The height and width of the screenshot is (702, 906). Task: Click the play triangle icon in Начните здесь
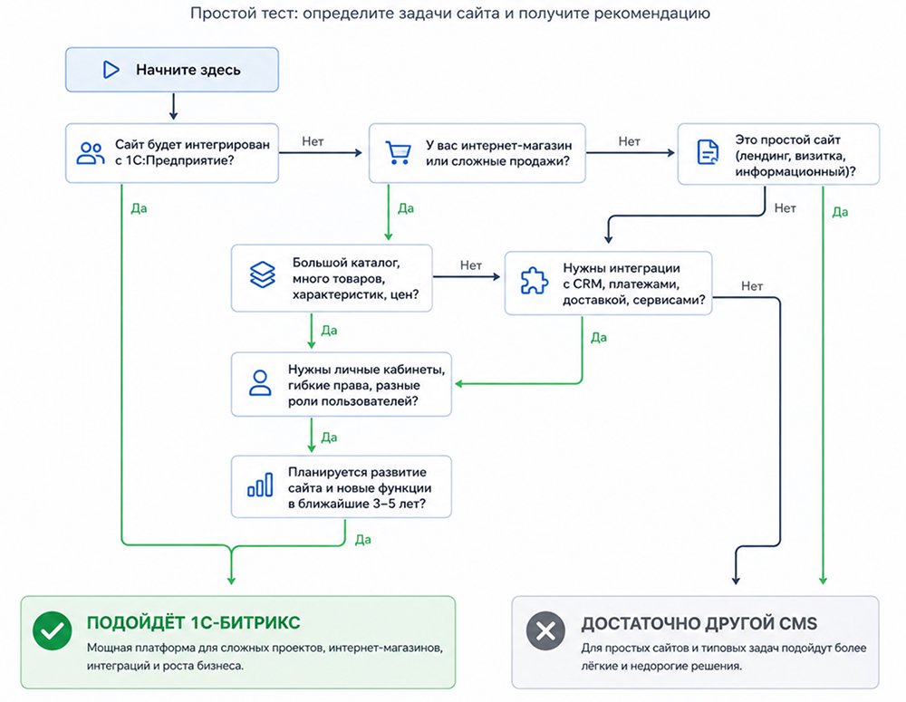coord(111,70)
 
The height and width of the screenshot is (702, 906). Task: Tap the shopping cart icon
coord(398,153)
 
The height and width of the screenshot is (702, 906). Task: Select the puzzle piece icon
coord(534,281)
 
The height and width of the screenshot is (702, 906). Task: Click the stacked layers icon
coord(263,274)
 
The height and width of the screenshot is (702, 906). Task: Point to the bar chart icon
coord(260,485)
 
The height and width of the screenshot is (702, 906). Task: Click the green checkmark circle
coord(53,630)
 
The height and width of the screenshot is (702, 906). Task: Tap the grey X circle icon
coord(545,630)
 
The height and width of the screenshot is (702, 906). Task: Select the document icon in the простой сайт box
coord(708,152)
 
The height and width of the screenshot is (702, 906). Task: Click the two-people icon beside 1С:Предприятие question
coord(90,153)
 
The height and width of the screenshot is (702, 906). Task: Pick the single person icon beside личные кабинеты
coord(260,382)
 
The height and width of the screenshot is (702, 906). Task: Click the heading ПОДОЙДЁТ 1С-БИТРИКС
coord(194,623)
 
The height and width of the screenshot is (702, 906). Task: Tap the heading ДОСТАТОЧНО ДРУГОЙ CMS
coord(699,623)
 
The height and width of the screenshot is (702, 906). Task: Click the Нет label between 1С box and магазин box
coord(313,141)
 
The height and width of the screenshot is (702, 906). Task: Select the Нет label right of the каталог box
coord(471,265)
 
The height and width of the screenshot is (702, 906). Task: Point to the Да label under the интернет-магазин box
coord(406,208)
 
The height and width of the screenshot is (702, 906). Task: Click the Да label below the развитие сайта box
coord(363,540)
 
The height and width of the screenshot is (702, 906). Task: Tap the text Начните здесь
coord(188,70)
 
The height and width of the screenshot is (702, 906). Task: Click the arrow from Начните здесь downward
coord(173,106)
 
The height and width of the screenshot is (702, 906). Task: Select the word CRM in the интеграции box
coord(586,284)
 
